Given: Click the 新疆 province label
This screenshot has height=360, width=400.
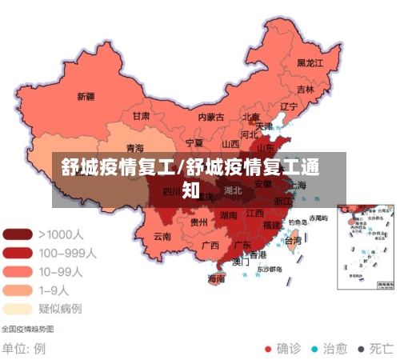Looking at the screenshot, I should [86, 97].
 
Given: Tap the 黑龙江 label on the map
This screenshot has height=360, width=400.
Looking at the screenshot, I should [310, 62].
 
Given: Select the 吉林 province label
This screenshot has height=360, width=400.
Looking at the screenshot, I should [306, 89].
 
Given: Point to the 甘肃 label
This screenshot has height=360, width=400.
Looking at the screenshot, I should [141, 115].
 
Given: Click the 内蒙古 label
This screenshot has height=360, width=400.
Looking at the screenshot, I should [211, 117].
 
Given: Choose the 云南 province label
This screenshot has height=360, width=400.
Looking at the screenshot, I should [162, 236].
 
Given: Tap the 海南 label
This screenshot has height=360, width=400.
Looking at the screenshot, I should [216, 279].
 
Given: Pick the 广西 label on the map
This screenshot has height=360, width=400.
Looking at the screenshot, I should [210, 245].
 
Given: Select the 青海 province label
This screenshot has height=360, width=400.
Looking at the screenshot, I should [134, 148].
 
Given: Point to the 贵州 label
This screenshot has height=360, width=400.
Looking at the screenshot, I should [199, 223].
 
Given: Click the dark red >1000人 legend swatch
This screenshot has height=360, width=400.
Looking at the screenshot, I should [18, 234].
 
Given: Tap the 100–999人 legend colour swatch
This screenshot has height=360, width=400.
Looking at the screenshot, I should [18, 252].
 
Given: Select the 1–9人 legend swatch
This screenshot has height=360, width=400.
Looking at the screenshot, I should [18, 290].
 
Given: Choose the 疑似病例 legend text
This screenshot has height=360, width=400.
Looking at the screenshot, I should [60, 308].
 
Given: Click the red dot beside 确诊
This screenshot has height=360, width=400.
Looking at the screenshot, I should [268, 349].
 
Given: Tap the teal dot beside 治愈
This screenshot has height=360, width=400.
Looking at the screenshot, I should [314, 349].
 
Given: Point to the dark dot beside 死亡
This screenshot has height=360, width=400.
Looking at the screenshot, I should [361, 349].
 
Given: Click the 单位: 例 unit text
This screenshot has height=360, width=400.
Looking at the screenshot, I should [23, 349].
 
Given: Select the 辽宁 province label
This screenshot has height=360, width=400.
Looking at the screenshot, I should [289, 106].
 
